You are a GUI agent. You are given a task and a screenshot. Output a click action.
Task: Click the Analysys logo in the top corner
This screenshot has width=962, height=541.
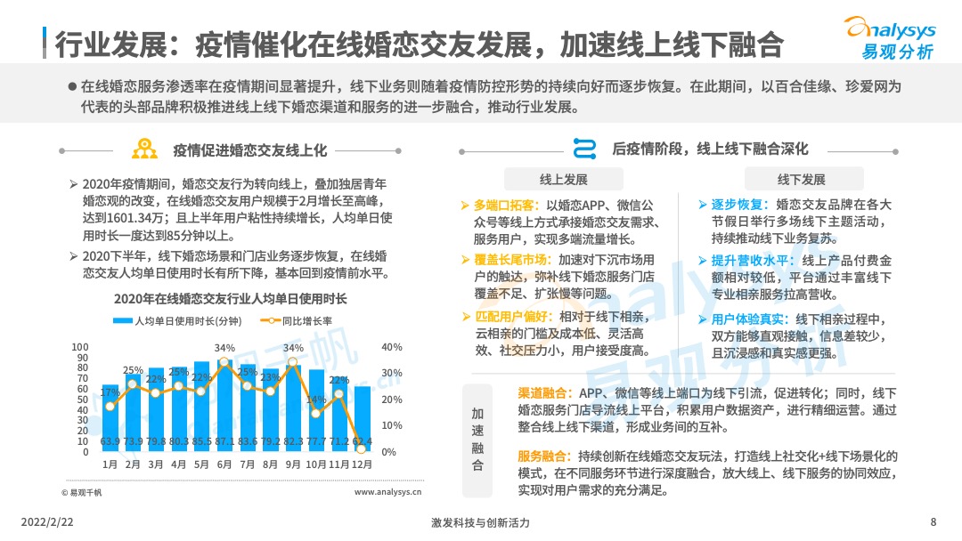click(x=891, y=38)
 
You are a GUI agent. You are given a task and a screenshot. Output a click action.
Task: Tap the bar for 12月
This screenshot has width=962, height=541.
click(x=363, y=419)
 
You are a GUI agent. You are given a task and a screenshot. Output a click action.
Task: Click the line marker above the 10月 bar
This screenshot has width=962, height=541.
click(x=316, y=415)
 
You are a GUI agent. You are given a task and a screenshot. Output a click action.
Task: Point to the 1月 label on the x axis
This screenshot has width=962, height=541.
click(x=110, y=464)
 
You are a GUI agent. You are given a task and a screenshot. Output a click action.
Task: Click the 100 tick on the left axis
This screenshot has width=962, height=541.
click(x=80, y=347)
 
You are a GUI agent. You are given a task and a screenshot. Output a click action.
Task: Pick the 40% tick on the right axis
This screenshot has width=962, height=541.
click(x=391, y=347)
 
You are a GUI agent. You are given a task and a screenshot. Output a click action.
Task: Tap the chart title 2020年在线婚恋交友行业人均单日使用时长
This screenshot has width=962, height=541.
click(x=231, y=298)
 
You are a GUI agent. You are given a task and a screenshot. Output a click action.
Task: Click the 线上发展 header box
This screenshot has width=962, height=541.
click(x=564, y=179)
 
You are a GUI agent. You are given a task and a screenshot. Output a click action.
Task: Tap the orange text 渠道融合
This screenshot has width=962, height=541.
click(x=544, y=393)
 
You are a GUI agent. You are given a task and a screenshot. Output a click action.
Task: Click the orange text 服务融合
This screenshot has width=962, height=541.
click(x=544, y=456)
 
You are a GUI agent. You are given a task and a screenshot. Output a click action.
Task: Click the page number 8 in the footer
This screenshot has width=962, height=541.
click(x=933, y=522)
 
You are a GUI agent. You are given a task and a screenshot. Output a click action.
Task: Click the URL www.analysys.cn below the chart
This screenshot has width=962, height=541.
click(x=387, y=491)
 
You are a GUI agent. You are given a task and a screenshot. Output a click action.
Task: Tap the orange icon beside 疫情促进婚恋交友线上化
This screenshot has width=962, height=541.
click(x=144, y=149)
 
